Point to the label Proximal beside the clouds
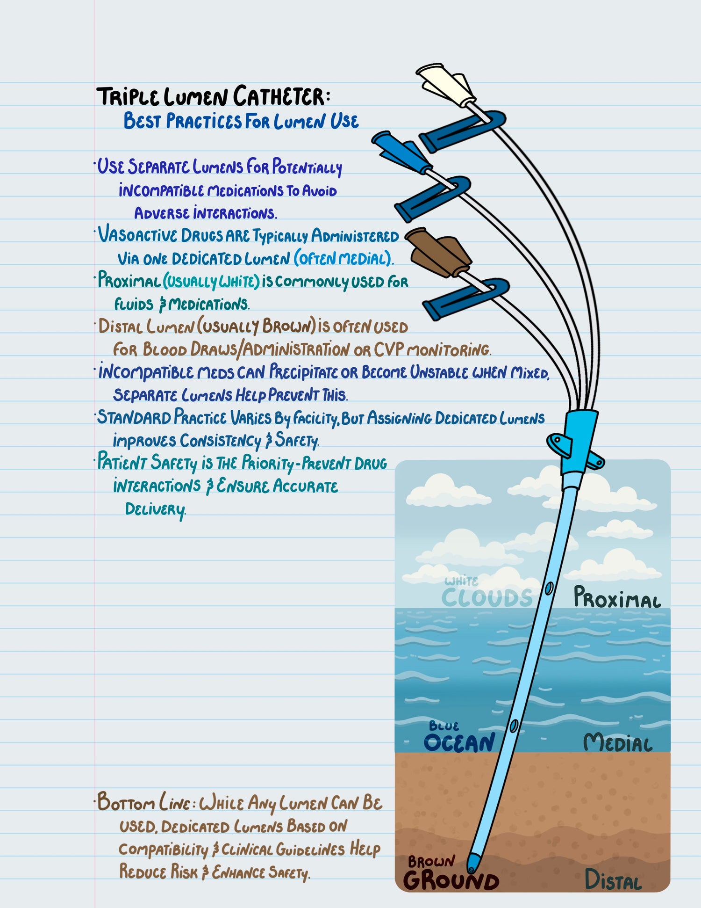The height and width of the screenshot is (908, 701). (x=617, y=598)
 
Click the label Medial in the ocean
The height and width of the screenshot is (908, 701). (x=617, y=742)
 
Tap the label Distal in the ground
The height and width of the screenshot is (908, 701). (x=613, y=880)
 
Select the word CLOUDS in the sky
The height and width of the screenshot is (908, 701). (x=487, y=597)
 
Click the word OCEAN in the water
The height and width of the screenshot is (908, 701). (x=459, y=743)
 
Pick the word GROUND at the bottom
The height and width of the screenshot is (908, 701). (x=451, y=881)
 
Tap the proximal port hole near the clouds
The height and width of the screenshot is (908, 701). (x=549, y=588)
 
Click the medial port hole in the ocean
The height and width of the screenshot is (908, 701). (x=514, y=726)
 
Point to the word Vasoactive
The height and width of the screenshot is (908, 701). (x=137, y=235)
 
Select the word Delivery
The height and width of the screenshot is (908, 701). (x=155, y=509)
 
